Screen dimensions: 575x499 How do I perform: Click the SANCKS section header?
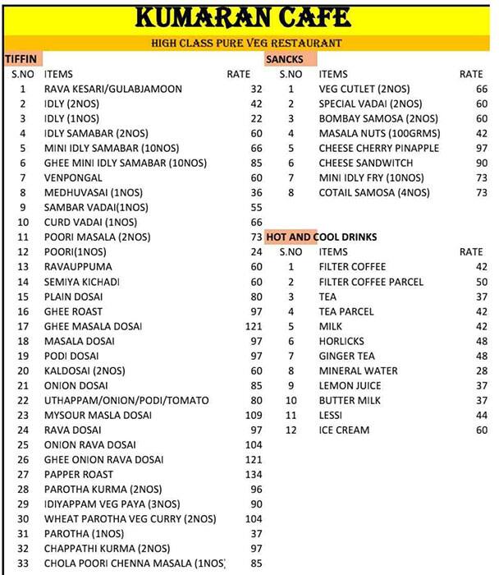(284, 59)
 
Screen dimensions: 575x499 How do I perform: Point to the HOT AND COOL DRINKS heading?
(321, 237)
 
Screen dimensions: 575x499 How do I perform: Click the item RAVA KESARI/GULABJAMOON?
(113, 89)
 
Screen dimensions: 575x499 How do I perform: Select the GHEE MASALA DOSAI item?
(93, 326)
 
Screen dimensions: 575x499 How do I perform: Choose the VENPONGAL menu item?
(73, 177)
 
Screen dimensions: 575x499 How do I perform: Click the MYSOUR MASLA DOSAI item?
(97, 415)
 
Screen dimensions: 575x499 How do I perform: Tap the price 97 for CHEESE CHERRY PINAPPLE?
(481, 148)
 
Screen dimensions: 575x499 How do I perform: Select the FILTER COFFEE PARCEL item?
(371, 282)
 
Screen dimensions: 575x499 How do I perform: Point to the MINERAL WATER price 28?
(481, 370)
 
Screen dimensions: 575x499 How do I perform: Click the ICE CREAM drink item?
(344, 430)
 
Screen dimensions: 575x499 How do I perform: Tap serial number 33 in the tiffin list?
(23, 563)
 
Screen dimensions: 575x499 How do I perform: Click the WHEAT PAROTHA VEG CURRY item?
(130, 518)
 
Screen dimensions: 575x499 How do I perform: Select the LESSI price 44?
(481, 415)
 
